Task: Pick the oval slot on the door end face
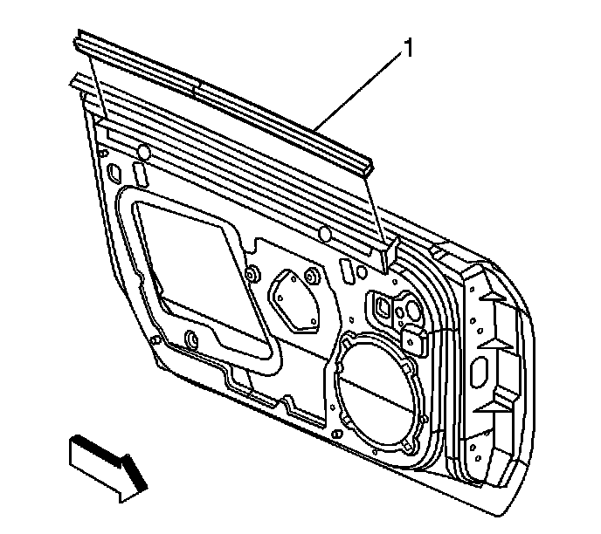click(479, 373)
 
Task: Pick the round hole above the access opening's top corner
click(142, 154)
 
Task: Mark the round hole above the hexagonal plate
click(324, 234)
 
